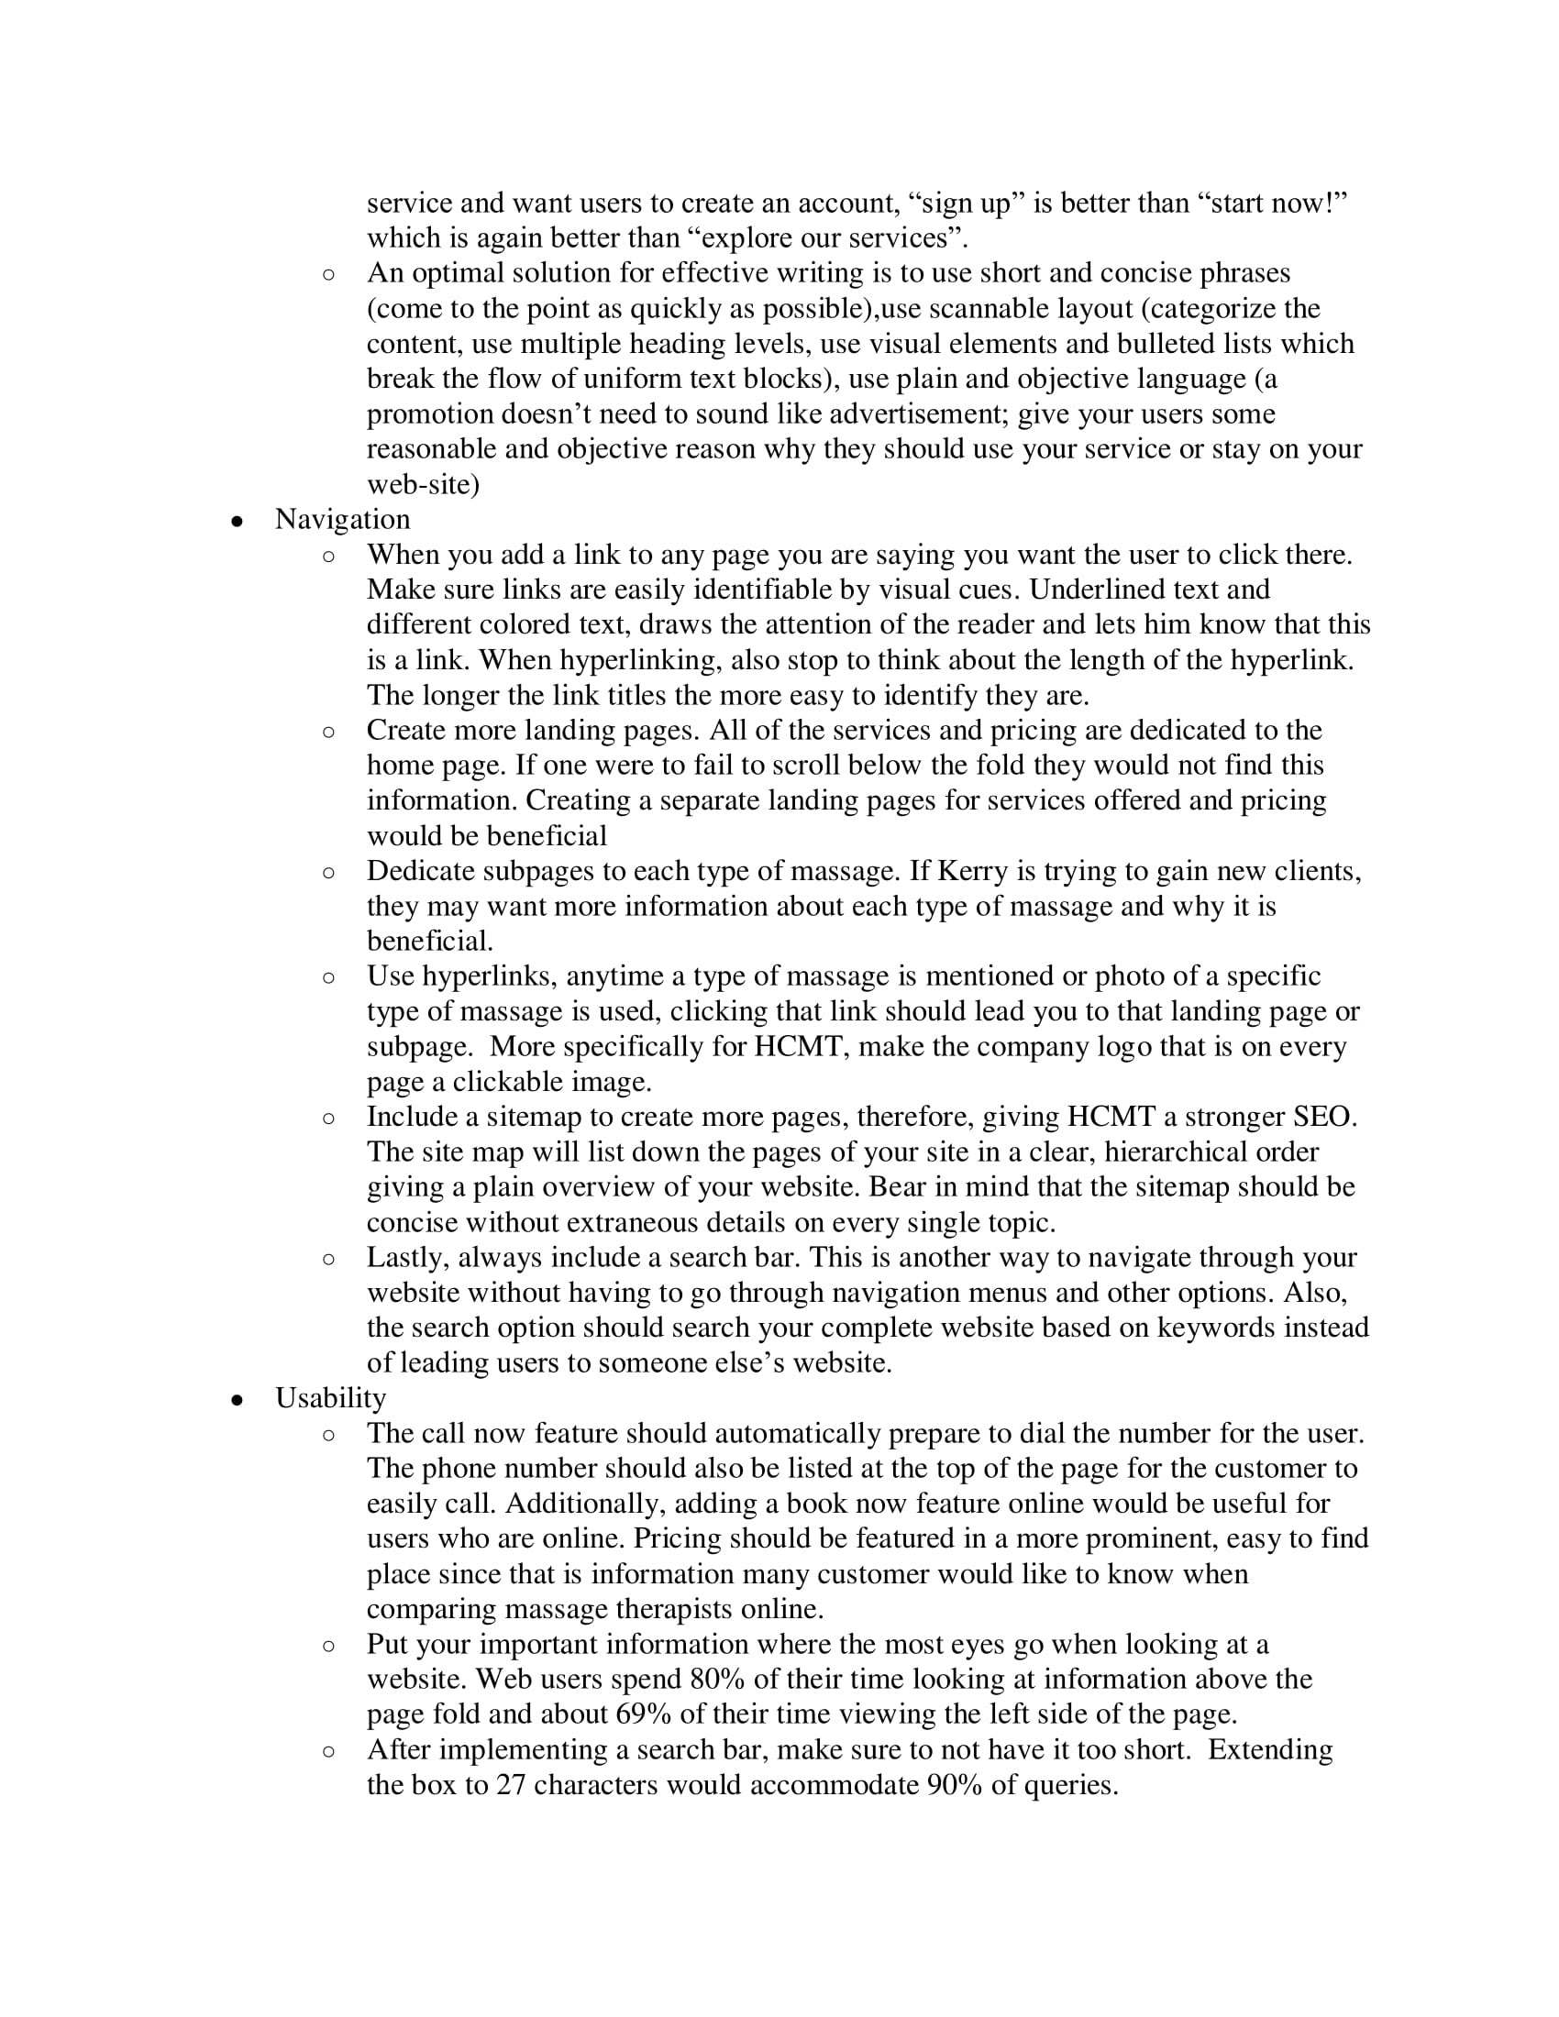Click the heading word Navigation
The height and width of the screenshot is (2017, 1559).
(x=342, y=520)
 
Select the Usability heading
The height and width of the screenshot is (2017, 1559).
(x=330, y=1398)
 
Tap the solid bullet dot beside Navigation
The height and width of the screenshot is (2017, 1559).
(x=238, y=522)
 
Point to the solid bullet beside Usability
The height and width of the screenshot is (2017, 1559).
(x=238, y=1400)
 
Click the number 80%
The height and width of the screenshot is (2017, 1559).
(x=718, y=1679)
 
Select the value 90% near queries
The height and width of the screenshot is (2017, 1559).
(x=954, y=1785)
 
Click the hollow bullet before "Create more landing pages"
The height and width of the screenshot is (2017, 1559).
(x=329, y=733)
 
